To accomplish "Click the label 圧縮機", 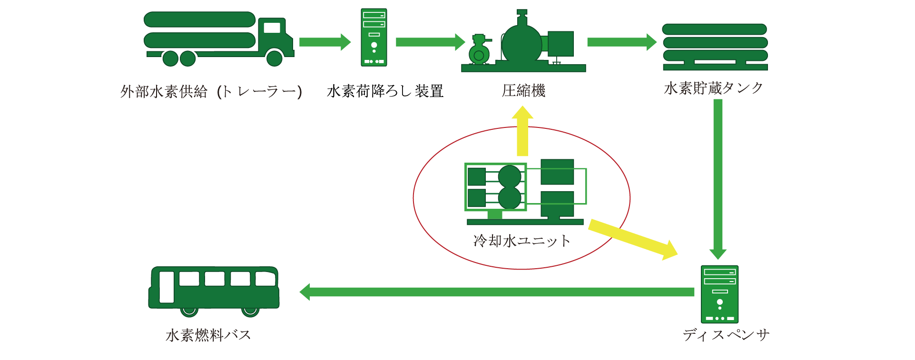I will click(x=523, y=90).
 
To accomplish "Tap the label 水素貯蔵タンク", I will click(x=713, y=88).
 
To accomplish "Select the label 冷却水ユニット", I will click(x=521, y=241).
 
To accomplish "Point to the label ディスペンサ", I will click(x=726, y=335).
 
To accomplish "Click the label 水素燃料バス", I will click(x=208, y=335).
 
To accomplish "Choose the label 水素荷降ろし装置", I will click(x=385, y=91).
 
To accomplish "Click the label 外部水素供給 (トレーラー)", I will click(x=211, y=91).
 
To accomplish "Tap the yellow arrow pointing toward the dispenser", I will click(x=633, y=239).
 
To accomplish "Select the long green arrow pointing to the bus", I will click(x=495, y=292).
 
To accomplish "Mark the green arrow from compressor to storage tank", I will click(x=621, y=42).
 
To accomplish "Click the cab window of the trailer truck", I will click(x=272, y=28).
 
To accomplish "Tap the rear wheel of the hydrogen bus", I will click(x=250, y=311).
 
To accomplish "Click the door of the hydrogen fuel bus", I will click(x=167, y=287).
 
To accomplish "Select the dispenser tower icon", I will click(x=719, y=294).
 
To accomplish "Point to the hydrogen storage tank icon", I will click(x=715, y=47).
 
